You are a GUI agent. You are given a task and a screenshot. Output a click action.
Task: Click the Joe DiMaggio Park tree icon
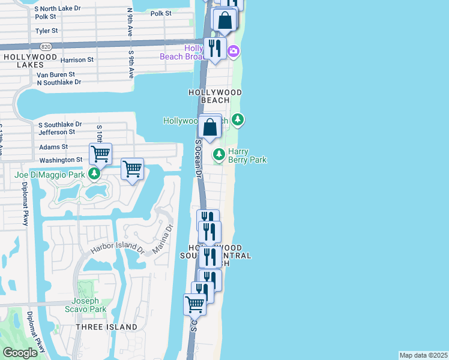click(94, 174)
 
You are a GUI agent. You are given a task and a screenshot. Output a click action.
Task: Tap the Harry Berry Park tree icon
click(219, 155)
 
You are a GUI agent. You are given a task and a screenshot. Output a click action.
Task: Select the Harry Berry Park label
click(247, 156)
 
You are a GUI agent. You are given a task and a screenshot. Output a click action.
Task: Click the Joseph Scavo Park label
click(89, 305)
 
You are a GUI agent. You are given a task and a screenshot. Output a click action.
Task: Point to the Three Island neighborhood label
click(106, 327)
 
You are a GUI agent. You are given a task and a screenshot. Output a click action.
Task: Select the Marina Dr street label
click(160, 239)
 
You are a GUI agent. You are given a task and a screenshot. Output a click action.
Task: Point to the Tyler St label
click(46, 30)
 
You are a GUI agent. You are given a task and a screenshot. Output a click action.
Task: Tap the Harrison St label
click(77, 60)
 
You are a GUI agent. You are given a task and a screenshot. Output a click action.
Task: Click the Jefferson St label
click(56, 132)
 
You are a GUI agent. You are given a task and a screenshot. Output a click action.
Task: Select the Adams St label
click(53, 146)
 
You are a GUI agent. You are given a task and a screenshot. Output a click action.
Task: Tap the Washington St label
click(61, 160)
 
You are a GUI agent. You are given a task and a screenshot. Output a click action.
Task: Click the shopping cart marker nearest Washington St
click(100, 154)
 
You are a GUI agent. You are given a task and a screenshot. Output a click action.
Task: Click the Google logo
click(20, 353)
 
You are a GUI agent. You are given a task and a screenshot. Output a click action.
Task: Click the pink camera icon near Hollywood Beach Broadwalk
click(234, 52)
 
